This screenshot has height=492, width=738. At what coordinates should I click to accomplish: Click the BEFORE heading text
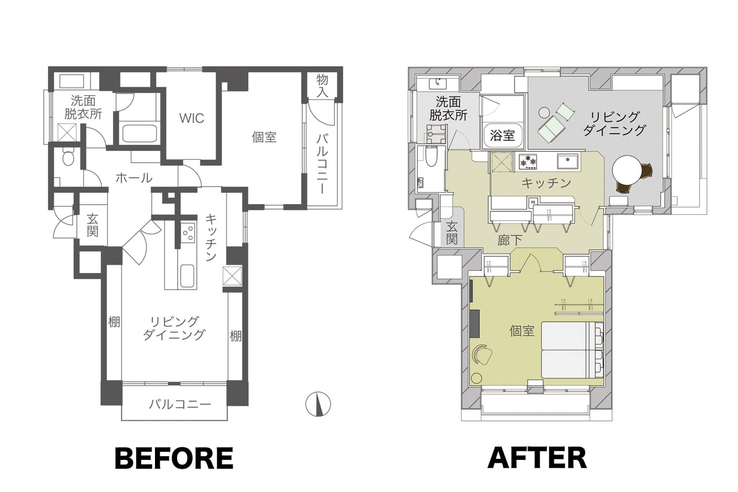point(174,458)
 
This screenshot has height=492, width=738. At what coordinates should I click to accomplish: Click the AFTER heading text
point(537,458)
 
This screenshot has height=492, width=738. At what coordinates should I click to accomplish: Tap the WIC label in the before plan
point(192,118)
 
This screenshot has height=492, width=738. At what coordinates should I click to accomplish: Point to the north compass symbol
point(318,404)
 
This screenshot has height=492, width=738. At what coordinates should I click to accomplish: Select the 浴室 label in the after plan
point(502,136)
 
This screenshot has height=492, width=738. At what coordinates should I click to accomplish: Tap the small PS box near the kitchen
point(533,201)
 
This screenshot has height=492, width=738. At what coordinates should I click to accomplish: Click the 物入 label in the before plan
point(322,86)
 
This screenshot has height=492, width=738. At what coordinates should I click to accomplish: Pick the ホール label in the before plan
point(134,178)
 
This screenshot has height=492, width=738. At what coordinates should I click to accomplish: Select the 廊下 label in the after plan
point(510,240)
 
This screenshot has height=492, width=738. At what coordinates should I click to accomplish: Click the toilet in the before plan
point(69,158)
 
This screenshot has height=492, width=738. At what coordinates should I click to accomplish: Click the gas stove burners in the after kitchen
point(528,162)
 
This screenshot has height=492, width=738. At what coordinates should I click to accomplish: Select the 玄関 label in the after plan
point(452,233)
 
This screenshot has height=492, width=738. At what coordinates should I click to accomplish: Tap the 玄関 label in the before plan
point(93,225)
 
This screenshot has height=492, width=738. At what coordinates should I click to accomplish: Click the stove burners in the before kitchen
point(188,233)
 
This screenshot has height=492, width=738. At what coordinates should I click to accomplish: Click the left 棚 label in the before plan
point(114,322)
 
